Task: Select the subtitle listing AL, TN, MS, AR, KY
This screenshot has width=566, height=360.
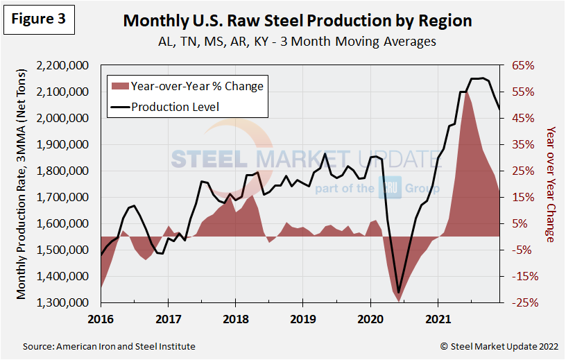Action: tap(296, 41)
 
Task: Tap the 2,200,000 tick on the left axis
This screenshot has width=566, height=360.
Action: tap(67, 66)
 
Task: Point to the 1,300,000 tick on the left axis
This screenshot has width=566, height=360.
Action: tap(67, 303)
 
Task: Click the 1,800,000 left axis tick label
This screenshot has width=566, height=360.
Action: tap(67, 171)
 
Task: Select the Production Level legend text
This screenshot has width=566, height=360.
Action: tap(175, 107)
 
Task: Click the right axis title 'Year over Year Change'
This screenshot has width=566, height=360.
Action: tap(551, 184)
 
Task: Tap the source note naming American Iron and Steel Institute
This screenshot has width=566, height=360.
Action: tap(109, 346)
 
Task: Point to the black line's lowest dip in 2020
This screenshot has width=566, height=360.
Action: tap(399, 293)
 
